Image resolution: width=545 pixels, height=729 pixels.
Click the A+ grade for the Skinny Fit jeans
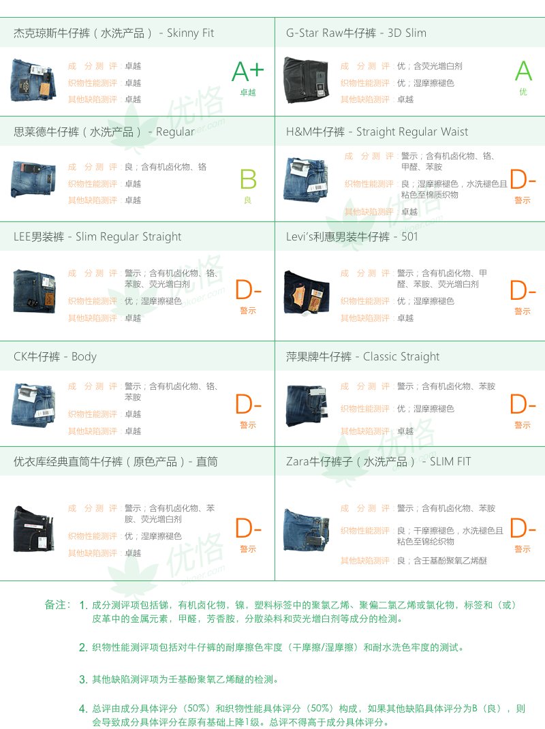click(248, 71)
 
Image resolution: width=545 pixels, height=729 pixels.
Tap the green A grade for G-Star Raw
click(523, 71)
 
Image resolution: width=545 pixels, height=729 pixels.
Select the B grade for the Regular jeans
click(248, 180)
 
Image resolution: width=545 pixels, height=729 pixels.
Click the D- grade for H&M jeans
click(523, 180)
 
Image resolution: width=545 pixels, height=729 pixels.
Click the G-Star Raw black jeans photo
click(306, 80)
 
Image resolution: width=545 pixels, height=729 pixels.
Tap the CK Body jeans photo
click(33, 404)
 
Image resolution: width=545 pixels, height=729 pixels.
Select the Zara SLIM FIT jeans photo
click(306, 529)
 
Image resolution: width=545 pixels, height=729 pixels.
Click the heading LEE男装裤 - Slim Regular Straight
click(97, 237)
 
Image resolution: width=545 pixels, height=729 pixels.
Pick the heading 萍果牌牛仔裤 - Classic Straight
click(362, 357)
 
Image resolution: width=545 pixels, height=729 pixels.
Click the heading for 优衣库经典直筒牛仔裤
click(116, 462)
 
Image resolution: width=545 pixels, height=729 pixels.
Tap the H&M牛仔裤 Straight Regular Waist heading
click(377, 132)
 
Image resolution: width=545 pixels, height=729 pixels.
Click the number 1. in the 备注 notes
click(83, 604)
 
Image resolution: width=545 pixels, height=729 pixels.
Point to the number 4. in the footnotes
click(83, 709)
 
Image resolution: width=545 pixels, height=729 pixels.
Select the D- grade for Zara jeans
click(523, 529)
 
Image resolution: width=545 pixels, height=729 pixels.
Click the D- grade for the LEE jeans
click(248, 291)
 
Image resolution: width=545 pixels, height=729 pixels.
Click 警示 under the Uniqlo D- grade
click(248, 549)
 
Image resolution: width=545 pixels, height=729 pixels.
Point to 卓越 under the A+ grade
click(248, 93)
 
